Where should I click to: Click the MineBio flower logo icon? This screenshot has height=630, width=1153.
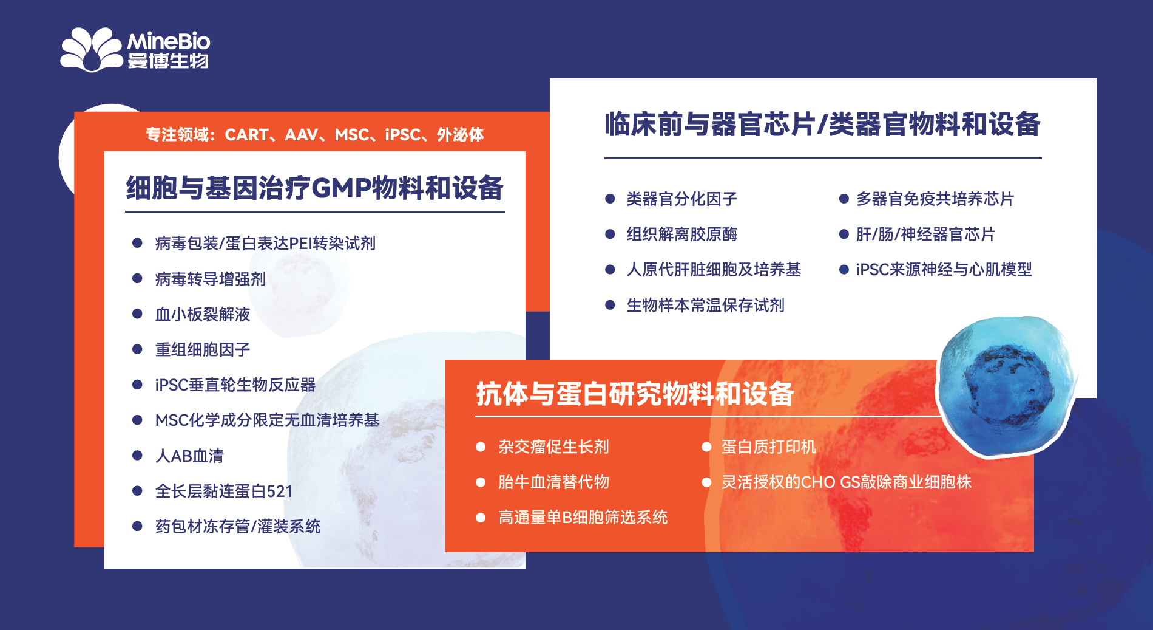click(x=91, y=50)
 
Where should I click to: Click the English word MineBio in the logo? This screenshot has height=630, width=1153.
click(x=168, y=41)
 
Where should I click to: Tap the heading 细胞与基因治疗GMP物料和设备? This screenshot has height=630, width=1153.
click(x=314, y=188)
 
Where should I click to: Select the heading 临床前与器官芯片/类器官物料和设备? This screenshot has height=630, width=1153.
click(x=822, y=125)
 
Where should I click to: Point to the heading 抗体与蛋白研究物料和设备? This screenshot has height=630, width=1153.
click(x=635, y=394)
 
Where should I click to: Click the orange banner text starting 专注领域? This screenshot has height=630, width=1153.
click(x=314, y=134)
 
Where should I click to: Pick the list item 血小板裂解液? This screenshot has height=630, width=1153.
click(x=203, y=314)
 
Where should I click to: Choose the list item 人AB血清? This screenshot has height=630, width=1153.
click(x=189, y=456)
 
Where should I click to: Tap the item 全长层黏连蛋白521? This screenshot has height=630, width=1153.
click(x=224, y=491)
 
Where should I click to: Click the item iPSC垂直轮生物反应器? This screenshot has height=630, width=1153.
click(x=235, y=385)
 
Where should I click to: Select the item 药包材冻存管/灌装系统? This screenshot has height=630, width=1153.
click(x=238, y=526)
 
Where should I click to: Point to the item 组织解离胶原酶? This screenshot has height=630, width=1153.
click(x=681, y=234)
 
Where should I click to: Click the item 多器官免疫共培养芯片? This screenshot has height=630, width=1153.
click(x=935, y=199)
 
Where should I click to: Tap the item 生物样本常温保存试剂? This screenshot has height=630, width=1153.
click(x=705, y=305)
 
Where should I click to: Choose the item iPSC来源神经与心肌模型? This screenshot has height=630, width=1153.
click(x=944, y=269)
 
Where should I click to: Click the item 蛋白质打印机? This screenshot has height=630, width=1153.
click(x=768, y=447)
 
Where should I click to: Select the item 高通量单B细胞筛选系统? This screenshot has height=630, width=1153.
click(x=583, y=517)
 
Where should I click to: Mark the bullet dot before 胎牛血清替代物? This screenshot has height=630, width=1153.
click(x=481, y=482)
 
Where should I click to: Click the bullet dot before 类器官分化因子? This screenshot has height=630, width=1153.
click(x=610, y=199)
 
